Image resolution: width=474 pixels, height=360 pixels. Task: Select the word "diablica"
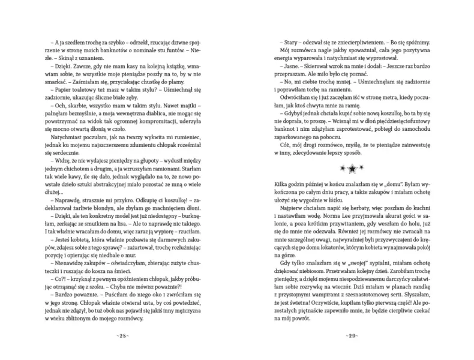tap(181, 110)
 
